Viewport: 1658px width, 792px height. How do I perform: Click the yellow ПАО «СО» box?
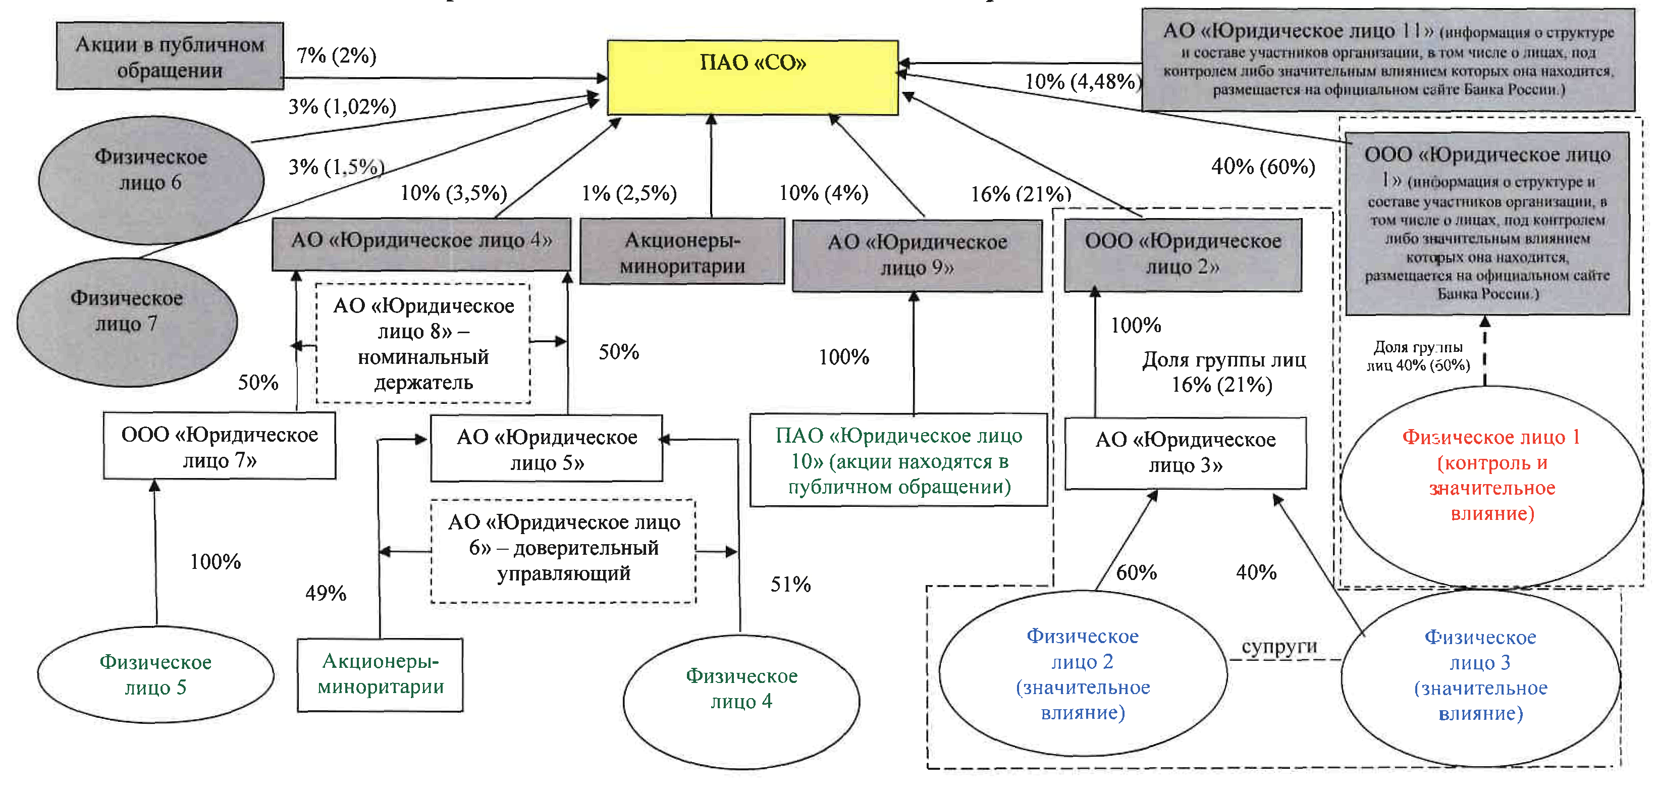753,77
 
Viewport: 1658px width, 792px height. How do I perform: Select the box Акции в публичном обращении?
170,56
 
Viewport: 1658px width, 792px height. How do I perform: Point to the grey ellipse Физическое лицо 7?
127,322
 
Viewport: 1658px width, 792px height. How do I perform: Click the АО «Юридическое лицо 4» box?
421,243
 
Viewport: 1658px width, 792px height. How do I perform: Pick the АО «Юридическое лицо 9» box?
917,255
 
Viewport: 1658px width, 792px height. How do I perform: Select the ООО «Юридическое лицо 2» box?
1183,254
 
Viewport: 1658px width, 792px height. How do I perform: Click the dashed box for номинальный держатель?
423,344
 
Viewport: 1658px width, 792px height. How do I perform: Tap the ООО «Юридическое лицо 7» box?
220,446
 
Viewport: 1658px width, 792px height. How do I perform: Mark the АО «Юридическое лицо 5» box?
547,449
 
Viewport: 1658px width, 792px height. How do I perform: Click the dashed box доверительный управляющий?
563,551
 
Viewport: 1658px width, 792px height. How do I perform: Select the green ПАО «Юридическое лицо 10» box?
898,460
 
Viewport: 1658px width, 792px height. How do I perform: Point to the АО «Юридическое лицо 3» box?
1185,453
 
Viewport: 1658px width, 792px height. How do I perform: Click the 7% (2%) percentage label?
336,56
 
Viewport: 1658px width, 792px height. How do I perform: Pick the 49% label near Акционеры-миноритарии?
326,593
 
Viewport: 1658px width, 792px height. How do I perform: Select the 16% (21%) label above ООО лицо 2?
1020,193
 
